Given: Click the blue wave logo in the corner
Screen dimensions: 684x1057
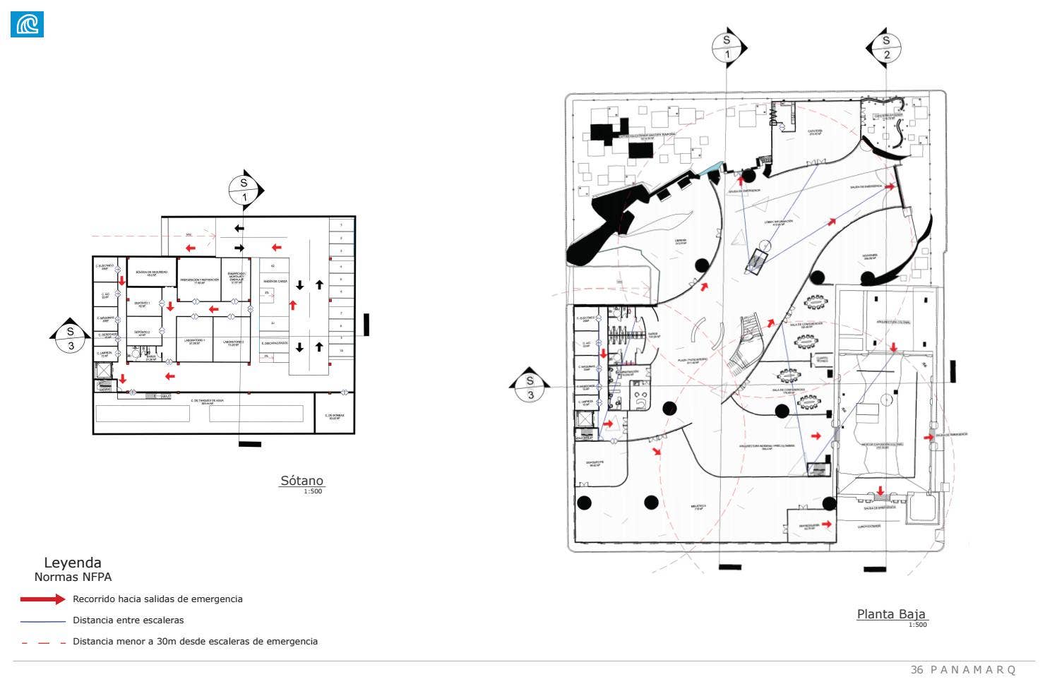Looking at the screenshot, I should point(27,24).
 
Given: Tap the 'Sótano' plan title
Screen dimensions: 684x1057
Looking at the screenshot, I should point(301,481).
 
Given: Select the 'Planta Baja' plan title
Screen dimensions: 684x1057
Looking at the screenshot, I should point(891,614).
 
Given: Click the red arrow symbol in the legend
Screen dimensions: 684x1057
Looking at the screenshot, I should point(42,599).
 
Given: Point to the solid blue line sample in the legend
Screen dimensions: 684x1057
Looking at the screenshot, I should point(42,621).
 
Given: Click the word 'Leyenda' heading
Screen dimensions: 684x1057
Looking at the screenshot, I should point(73,563).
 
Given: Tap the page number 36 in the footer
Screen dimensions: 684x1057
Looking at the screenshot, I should point(917,669).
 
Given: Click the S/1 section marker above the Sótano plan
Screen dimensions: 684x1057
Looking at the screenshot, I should point(245,190).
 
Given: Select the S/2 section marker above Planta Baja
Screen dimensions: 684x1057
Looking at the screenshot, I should point(885,47).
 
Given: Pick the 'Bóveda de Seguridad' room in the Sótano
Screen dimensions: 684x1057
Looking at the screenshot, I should point(151,272).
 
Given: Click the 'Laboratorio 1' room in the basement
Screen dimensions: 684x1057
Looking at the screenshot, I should point(194,341).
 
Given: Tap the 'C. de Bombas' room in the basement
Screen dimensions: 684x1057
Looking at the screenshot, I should point(333,416).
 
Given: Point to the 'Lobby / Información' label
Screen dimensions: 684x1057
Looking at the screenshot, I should point(778,222).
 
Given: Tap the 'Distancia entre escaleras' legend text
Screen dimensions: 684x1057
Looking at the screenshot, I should point(128,620).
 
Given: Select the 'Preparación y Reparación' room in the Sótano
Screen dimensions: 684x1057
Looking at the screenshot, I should point(199,280).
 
